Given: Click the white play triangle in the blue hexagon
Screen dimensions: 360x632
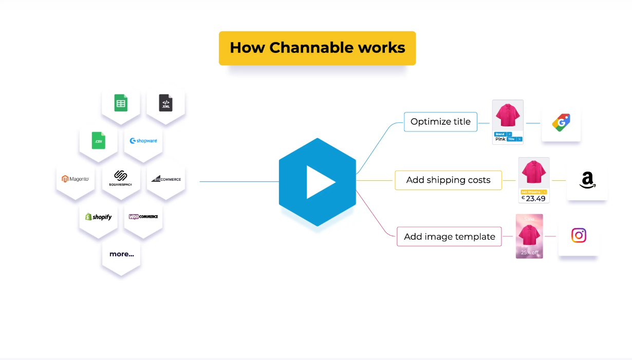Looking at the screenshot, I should pyautogui.click(x=320, y=182).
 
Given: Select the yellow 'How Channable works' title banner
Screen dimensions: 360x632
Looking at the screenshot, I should pyautogui.click(x=317, y=48).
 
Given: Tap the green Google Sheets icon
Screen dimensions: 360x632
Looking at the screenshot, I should pyautogui.click(x=121, y=103).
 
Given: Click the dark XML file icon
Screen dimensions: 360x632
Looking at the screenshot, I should pyautogui.click(x=165, y=103).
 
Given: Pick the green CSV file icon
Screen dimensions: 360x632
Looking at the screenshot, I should pyautogui.click(x=98, y=140).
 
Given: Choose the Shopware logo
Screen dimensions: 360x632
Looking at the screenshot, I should pyautogui.click(x=143, y=141).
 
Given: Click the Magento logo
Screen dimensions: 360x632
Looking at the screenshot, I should pyautogui.click(x=76, y=179).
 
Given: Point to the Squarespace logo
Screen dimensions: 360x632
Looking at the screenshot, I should pyautogui.click(x=121, y=178).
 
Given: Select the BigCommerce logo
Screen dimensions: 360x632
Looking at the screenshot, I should pyautogui.click(x=166, y=179).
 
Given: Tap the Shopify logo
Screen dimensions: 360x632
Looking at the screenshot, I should pyautogui.click(x=98, y=217).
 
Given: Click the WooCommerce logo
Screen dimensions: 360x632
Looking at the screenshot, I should pyautogui.click(x=143, y=217).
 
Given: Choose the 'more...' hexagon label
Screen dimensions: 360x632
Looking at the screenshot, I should pyautogui.click(x=121, y=254).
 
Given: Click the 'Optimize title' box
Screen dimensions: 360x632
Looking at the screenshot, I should pyautogui.click(x=440, y=122).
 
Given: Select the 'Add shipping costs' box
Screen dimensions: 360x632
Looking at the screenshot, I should pyautogui.click(x=448, y=180).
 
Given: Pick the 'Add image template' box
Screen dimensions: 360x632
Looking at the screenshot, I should pyautogui.click(x=449, y=237).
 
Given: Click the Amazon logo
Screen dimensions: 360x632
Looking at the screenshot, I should pyautogui.click(x=587, y=181).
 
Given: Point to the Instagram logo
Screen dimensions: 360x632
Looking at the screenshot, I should pyautogui.click(x=579, y=236).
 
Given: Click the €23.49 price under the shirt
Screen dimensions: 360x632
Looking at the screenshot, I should pyautogui.click(x=534, y=198).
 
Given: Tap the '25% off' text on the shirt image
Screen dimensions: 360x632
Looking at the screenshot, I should pyautogui.click(x=529, y=252).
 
